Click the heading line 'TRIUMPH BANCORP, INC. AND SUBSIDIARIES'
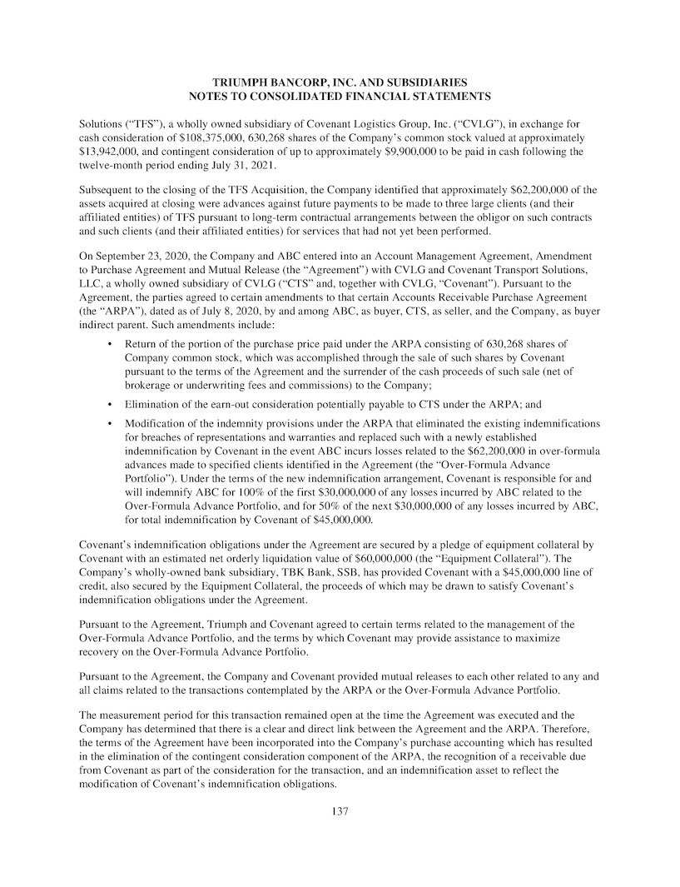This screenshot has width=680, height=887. click(x=340, y=82)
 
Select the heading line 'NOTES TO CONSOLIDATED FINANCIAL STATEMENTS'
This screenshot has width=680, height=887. click(x=340, y=97)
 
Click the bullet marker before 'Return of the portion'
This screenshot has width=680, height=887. click(x=111, y=343)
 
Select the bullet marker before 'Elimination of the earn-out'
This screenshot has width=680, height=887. click(x=111, y=403)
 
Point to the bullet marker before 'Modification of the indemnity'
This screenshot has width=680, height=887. click(x=111, y=424)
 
